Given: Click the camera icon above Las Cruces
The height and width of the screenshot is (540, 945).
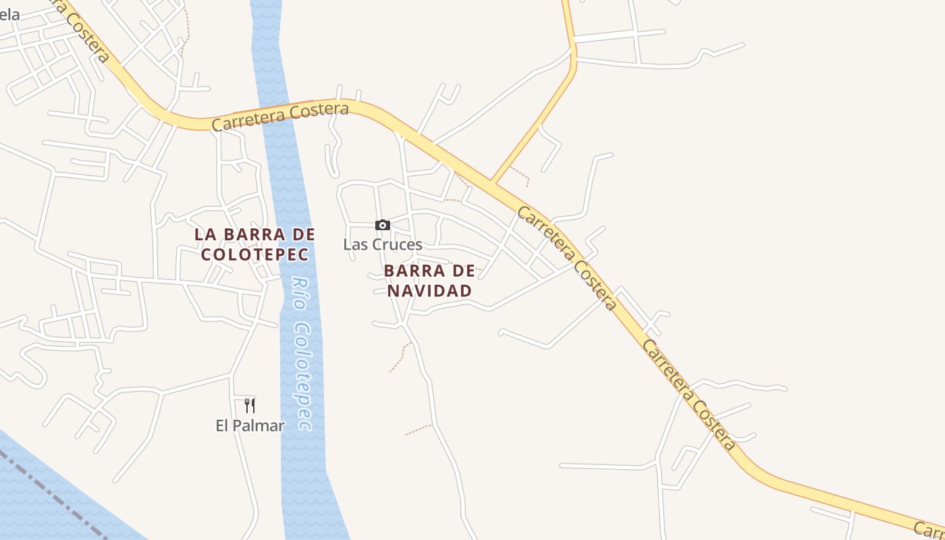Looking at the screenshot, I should [x=383, y=225].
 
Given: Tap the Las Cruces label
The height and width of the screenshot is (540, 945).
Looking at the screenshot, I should [x=383, y=244].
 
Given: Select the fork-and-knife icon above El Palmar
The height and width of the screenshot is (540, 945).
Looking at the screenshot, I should [x=250, y=405].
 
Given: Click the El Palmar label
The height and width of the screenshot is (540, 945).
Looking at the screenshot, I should [x=250, y=425].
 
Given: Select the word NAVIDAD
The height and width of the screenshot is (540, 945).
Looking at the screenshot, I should [x=429, y=291].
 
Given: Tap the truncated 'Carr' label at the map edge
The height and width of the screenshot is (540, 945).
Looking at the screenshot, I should [x=929, y=529].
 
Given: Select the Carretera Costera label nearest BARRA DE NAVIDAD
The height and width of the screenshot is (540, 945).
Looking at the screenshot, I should [x=566, y=258].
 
